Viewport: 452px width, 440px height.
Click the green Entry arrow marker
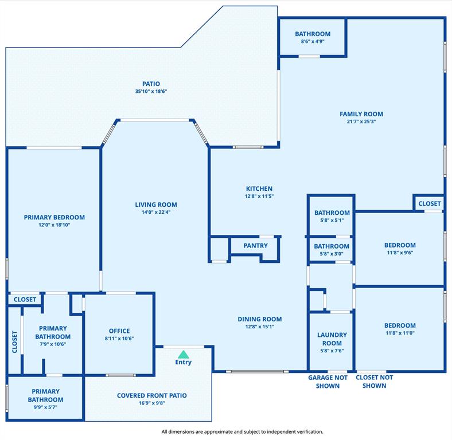click(x=184, y=354)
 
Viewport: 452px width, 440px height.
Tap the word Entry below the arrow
click(x=184, y=362)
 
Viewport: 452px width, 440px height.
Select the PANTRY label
click(x=255, y=246)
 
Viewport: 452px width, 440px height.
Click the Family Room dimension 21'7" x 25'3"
click(x=361, y=121)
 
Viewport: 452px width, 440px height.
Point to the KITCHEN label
click(x=259, y=188)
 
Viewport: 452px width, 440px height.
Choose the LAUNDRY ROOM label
click(x=332, y=339)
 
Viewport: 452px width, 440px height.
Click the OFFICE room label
click(x=119, y=331)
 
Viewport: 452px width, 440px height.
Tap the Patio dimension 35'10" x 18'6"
click(x=151, y=91)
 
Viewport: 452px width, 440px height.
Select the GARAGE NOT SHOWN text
click(x=328, y=382)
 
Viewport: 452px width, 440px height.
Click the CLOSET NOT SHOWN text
click(x=374, y=382)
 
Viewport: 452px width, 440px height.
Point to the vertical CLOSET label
click(x=15, y=342)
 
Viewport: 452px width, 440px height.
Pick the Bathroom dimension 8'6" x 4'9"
click(x=313, y=41)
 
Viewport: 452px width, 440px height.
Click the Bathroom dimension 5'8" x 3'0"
click(x=332, y=254)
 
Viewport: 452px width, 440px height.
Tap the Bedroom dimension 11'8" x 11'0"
click(x=400, y=333)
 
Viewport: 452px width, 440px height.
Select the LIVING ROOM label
click(x=156, y=205)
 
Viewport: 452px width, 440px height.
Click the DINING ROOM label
click(x=260, y=319)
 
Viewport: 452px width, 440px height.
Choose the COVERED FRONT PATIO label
click(x=152, y=396)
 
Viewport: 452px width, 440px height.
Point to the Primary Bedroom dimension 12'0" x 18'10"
click(x=54, y=225)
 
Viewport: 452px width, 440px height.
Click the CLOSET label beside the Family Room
click(x=430, y=203)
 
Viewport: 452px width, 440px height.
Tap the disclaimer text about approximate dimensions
click(x=242, y=431)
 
